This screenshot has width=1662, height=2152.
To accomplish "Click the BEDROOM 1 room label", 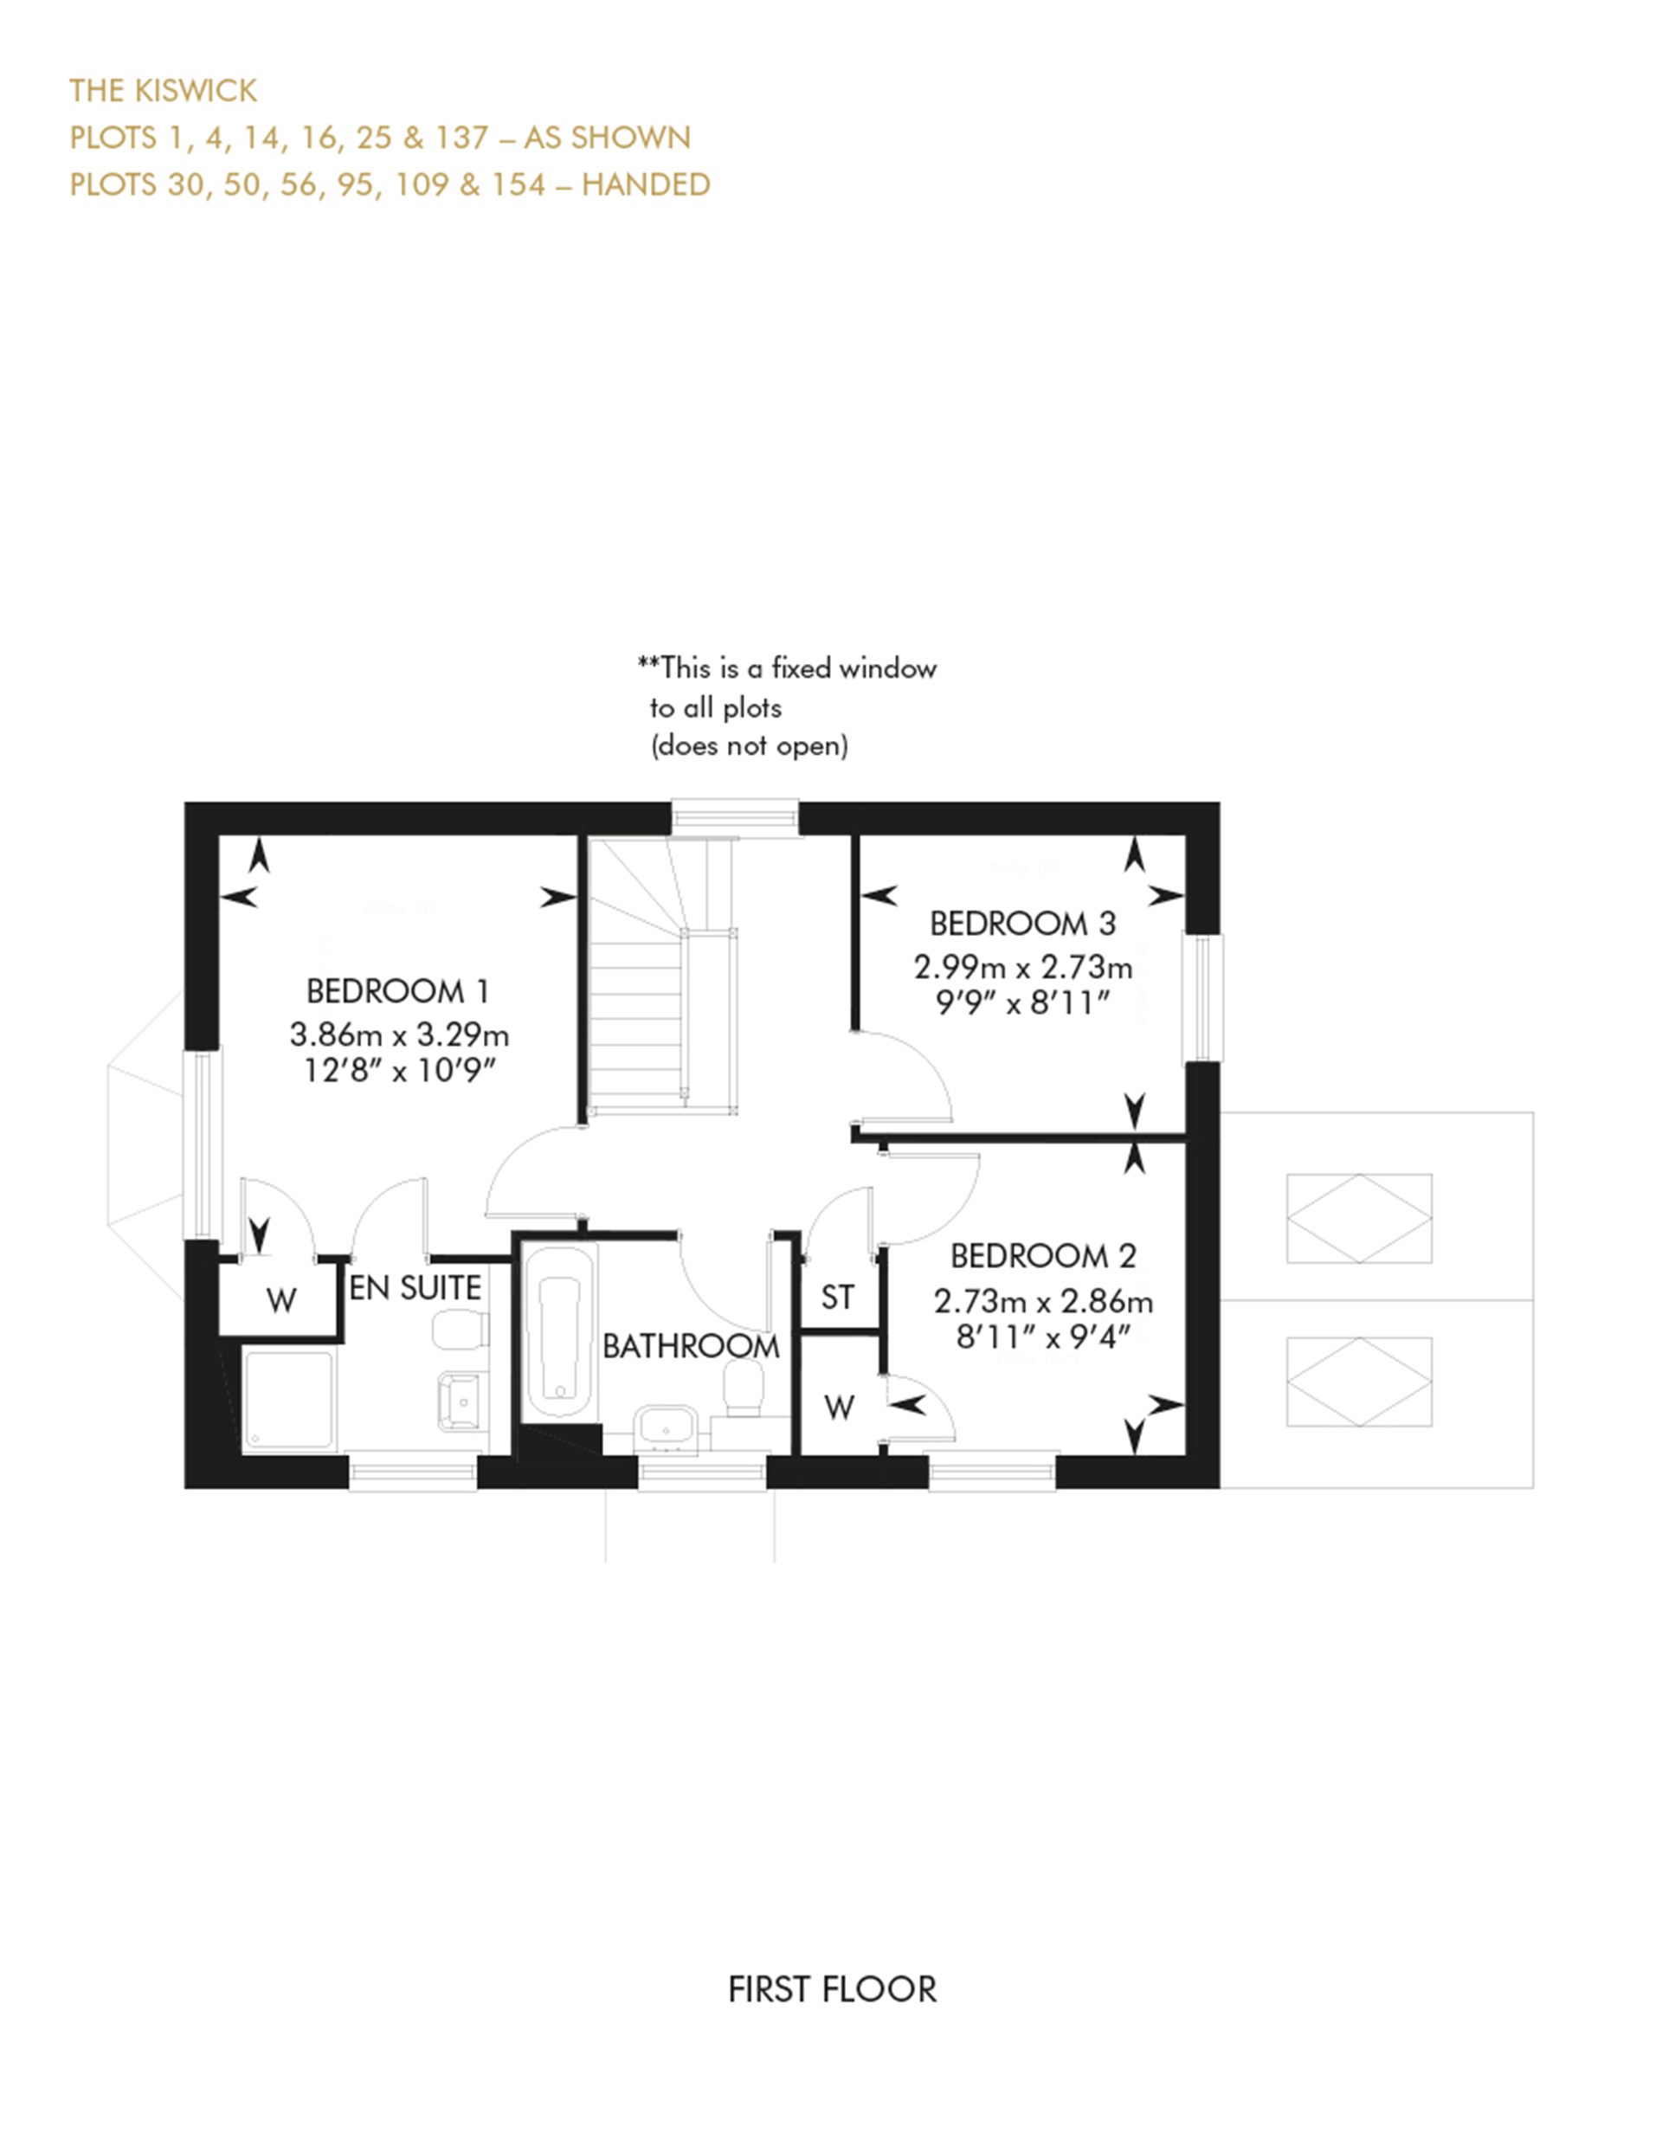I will (397, 990).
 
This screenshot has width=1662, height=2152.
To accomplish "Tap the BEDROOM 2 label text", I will (1042, 1256).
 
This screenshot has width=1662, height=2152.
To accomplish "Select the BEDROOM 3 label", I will (1022, 925).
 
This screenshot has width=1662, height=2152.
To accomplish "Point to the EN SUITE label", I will (415, 1288).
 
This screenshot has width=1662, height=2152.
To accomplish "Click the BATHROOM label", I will (691, 1346).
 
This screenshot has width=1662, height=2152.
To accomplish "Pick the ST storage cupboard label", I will (837, 1298).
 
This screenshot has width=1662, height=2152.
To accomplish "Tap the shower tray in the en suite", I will (288, 1399).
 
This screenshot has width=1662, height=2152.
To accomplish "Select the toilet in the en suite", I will (460, 1327).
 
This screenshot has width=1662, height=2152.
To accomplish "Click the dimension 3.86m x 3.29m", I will (399, 1034).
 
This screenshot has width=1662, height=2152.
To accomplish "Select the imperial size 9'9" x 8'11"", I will (1022, 1003).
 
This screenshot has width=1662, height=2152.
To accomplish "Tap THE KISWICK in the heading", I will (163, 91).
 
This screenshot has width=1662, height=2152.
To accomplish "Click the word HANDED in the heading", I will (645, 184).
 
